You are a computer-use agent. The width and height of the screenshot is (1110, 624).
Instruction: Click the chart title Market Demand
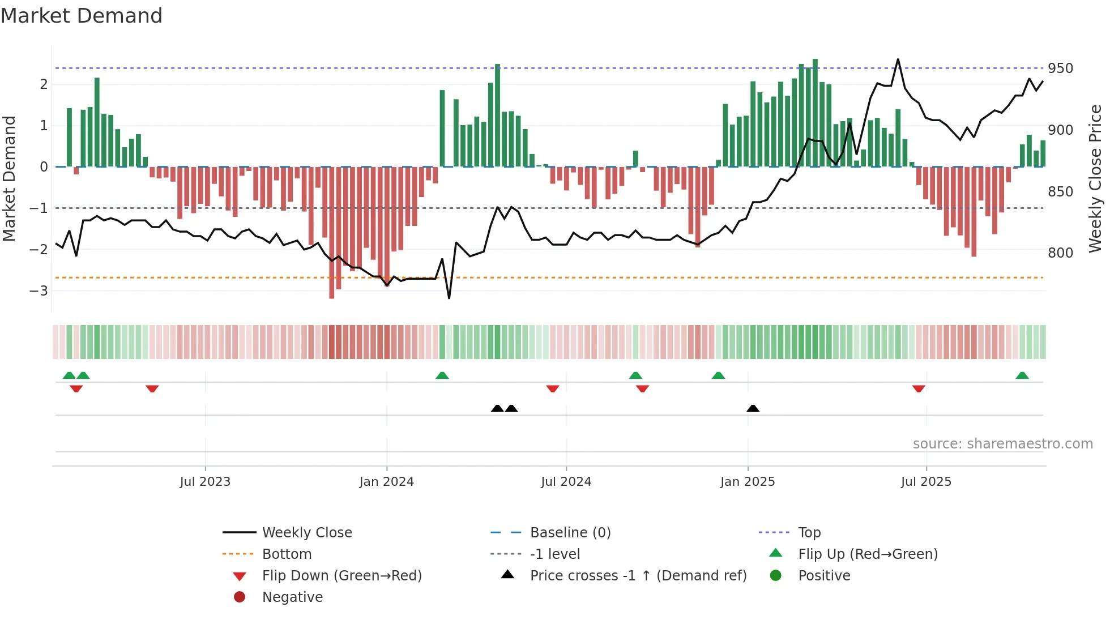[82, 16]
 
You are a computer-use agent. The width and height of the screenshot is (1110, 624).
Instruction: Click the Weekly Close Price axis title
[1095, 178]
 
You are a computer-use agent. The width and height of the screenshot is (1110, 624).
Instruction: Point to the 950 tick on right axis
[1060, 69]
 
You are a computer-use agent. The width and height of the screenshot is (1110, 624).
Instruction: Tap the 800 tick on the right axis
[1060, 253]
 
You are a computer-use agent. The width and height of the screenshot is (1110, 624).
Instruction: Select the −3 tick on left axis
[39, 291]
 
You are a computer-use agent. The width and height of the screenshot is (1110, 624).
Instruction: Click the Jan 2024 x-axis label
[386, 482]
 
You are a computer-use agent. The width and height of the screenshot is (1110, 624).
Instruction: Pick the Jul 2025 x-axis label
[926, 482]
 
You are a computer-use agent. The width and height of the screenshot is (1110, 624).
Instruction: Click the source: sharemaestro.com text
[1002, 444]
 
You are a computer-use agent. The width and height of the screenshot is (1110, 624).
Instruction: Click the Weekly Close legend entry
[306, 533]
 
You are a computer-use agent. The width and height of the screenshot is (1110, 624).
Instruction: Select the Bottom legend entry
[287, 554]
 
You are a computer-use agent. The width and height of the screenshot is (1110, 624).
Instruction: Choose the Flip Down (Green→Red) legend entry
[341, 576]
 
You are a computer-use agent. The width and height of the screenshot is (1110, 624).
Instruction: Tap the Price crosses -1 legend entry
[638, 576]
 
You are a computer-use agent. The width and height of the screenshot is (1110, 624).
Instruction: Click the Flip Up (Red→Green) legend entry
[868, 554]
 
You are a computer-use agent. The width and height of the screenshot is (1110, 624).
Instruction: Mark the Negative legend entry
[292, 597]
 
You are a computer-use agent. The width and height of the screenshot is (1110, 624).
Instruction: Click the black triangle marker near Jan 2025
[753, 408]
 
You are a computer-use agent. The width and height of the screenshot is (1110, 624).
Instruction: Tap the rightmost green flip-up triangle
[1022, 375]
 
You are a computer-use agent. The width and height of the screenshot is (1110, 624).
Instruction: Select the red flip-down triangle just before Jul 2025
[919, 388]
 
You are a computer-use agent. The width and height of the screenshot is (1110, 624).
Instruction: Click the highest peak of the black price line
[898, 59]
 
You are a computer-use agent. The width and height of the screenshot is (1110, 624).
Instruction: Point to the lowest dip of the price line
[449, 298]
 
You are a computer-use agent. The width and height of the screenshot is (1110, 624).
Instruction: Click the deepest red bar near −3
[332, 294]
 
